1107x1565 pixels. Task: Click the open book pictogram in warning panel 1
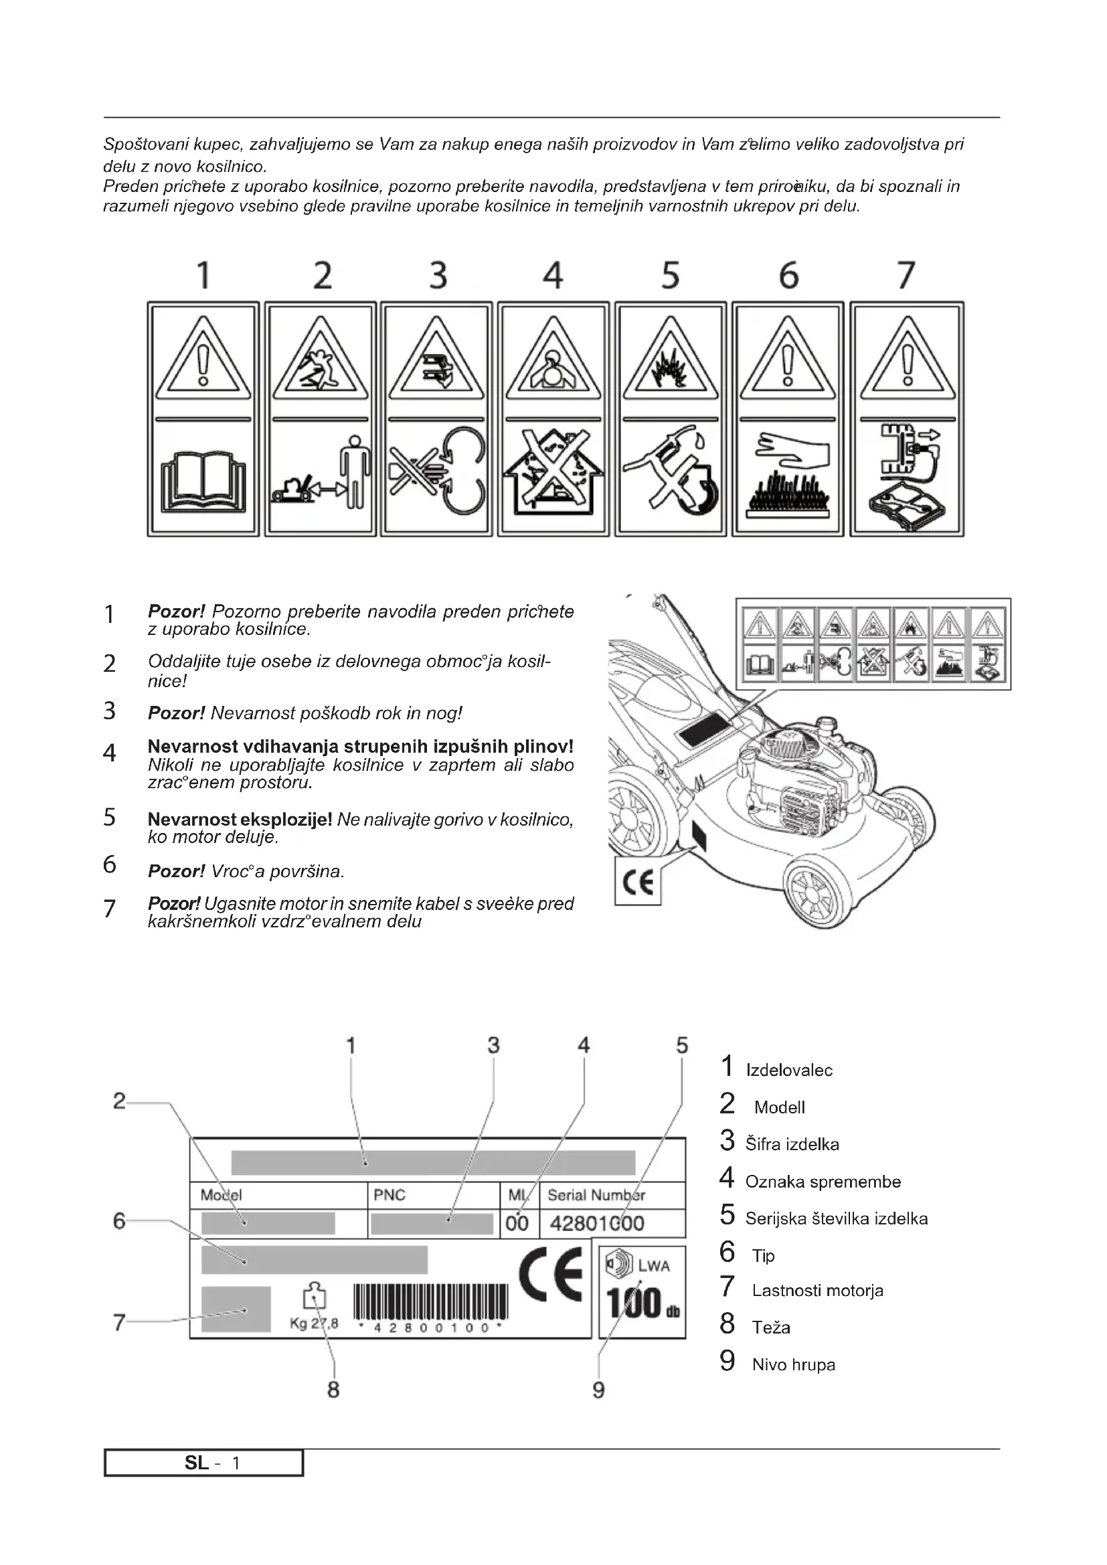click(x=202, y=483)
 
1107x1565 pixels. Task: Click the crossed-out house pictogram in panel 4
click(x=553, y=476)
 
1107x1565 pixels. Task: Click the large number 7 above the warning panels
click(x=906, y=276)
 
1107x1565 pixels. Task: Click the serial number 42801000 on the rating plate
click(x=597, y=1223)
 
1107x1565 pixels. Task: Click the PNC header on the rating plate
click(x=390, y=1195)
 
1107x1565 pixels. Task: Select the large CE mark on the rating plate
click(x=551, y=1275)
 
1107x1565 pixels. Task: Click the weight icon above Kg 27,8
click(x=315, y=1297)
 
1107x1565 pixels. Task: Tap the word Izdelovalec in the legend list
click(x=788, y=1070)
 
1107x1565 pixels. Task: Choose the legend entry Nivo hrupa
click(x=794, y=1364)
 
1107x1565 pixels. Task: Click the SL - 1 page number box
click(x=204, y=1463)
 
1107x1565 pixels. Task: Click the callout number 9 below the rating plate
click(x=598, y=1390)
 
